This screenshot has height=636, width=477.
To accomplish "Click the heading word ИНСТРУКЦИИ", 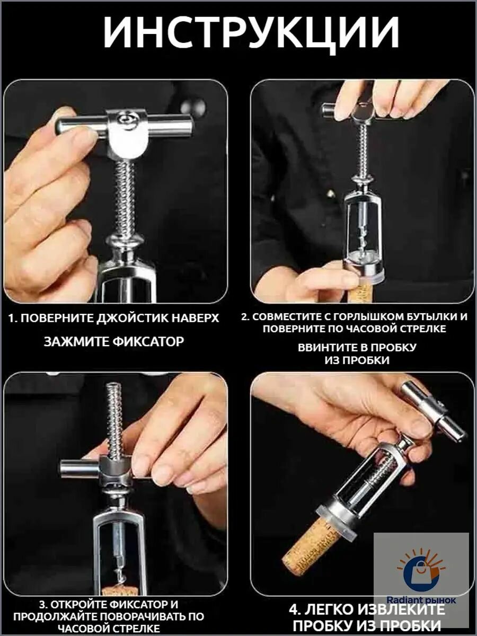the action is pos(251,32).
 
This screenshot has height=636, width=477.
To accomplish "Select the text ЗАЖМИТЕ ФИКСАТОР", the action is pos(114,342).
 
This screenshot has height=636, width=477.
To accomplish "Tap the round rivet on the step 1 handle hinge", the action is pos(125,119).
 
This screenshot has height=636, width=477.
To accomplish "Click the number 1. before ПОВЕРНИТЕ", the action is pos(13,319).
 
